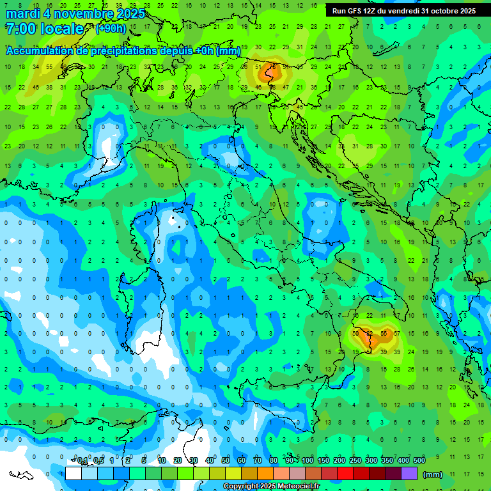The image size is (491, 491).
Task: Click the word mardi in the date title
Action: point(24,13)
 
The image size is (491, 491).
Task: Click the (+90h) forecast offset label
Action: point(111,29)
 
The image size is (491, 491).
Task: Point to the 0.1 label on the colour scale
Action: point(82,461)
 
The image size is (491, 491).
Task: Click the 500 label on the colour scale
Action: point(419,461)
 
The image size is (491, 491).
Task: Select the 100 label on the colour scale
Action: point(308,461)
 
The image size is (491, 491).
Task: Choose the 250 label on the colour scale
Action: point(355,461)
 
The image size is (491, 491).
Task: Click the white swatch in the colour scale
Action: point(74,473)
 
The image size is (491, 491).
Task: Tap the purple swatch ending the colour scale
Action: point(409,473)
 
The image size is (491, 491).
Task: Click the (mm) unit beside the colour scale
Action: point(433,474)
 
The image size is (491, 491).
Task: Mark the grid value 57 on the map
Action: point(397,334)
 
